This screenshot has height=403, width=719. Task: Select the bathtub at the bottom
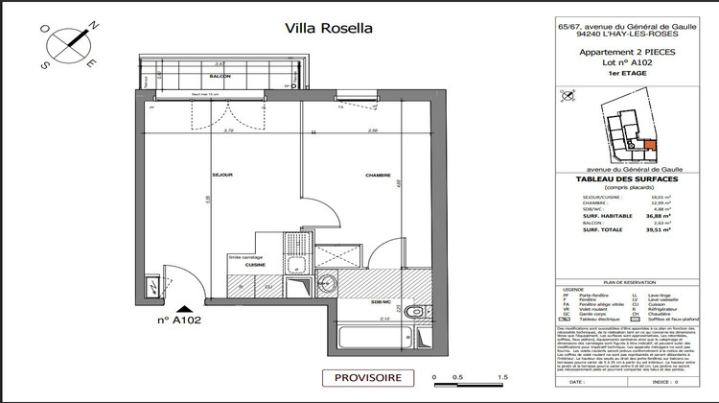pos(374,338)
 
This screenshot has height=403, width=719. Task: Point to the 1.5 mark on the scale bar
pos(502,377)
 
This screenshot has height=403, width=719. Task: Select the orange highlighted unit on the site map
pos(650,147)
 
